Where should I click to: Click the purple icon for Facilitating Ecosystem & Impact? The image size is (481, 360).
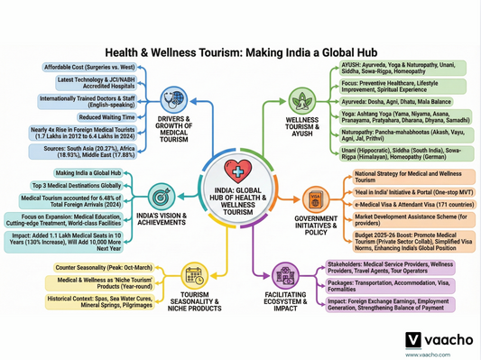pos(287,277)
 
